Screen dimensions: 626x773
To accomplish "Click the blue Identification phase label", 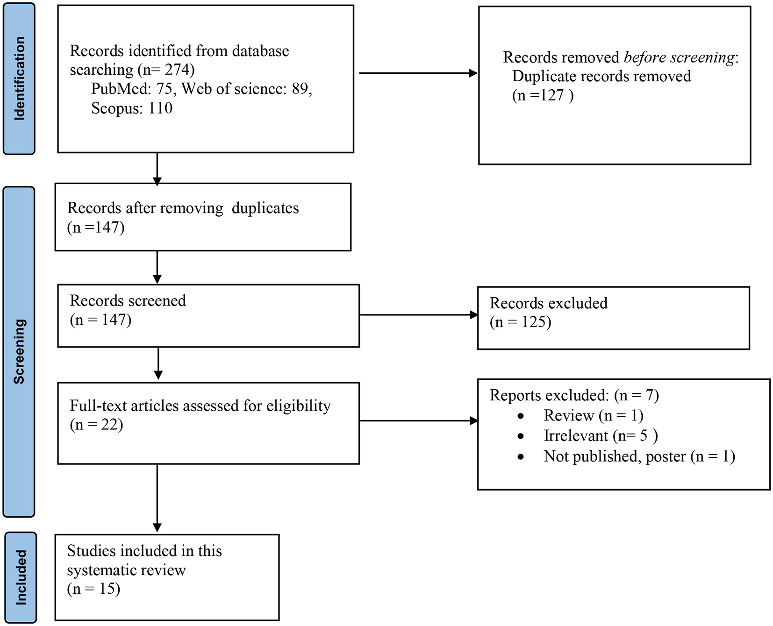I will pyautogui.click(x=19, y=78).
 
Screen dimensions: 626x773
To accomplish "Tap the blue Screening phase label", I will pyautogui.click(x=19, y=351).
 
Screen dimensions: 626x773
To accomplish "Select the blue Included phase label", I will pyautogui.click(x=20, y=577).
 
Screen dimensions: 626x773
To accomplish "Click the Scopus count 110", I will pyautogui.click(x=160, y=108).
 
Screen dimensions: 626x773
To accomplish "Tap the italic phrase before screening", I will pyautogui.click(x=679, y=57).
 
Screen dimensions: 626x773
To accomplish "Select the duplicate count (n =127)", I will pyautogui.click(x=543, y=95).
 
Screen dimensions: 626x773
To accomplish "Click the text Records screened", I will pyautogui.click(x=128, y=300).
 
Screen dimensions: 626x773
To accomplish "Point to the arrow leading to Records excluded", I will pyautogui.click(x=418, y=315).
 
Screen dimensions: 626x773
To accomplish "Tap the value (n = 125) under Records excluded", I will pyautogui.click(x=520, y=322).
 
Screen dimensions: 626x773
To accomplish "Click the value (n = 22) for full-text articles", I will pyautogui.click(x=96, y=425).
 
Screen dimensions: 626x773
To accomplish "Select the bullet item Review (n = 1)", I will pyautogui.click(x=593, y=415).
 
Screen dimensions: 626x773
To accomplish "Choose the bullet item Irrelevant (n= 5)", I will pyautogui.click(x=600, y=435).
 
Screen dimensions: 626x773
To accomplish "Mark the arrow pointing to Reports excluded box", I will pyautogui.click(x=418, y=421).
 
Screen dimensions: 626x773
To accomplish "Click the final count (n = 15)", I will pyautogui.click(x=93, y=589).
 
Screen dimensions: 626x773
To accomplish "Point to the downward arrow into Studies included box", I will pyautogui.click(x=157, y=498).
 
